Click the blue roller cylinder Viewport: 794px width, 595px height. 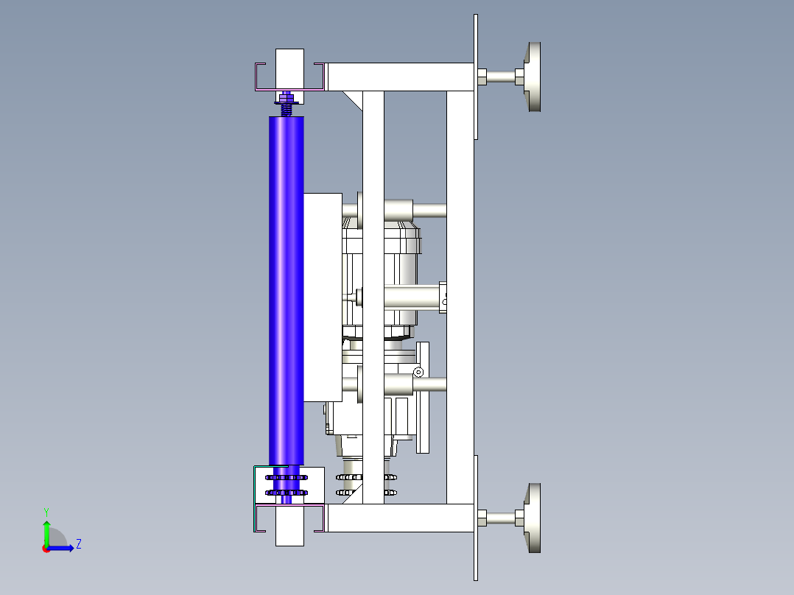coord(287,291)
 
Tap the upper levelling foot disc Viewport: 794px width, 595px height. coord(533,77)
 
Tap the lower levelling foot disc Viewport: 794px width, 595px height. coord(533,518)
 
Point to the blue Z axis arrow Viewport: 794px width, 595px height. coord(60,548)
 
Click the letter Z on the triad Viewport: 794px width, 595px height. coord(79,544)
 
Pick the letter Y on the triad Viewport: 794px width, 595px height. coord(46,512)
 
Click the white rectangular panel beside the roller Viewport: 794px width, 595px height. coord(323,297)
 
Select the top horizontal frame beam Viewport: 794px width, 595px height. coord(401,77)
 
